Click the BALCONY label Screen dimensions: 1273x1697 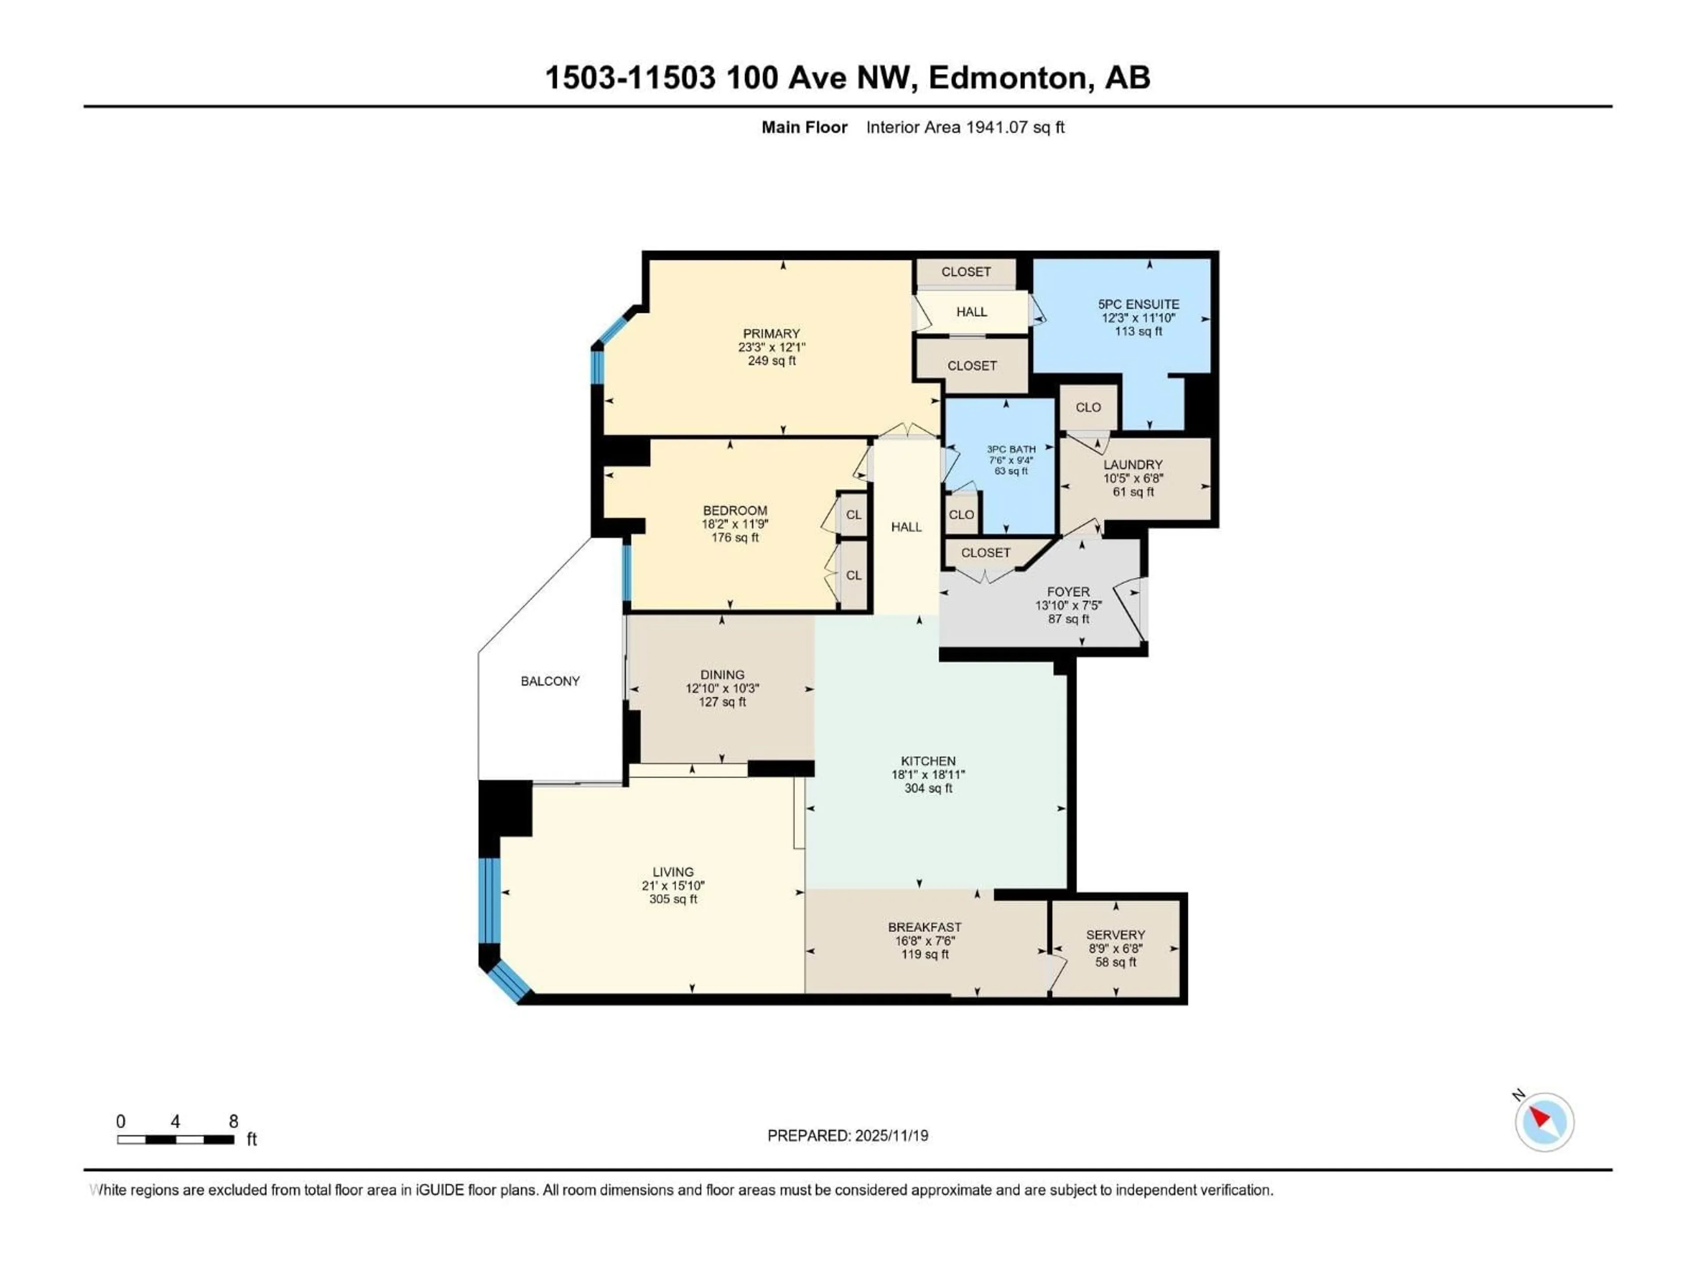[x=550, y=681]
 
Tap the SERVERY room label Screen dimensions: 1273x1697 [x=1115, y=934]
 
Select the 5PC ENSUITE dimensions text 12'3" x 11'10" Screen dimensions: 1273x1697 [x=1138, y=318]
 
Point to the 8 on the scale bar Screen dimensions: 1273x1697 [x=233, y=1121]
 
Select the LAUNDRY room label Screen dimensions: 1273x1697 [x=1132, y=464]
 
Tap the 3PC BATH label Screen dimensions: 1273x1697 [x=1011, y=449]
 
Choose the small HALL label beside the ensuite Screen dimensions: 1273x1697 [x=971, y=312]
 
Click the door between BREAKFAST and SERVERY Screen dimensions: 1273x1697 [x=1056, y=973]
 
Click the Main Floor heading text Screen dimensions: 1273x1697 [x=804, y=127]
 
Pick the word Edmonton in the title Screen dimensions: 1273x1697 [x=1010, y=77]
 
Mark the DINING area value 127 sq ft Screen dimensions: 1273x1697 [x=722, y=701]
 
